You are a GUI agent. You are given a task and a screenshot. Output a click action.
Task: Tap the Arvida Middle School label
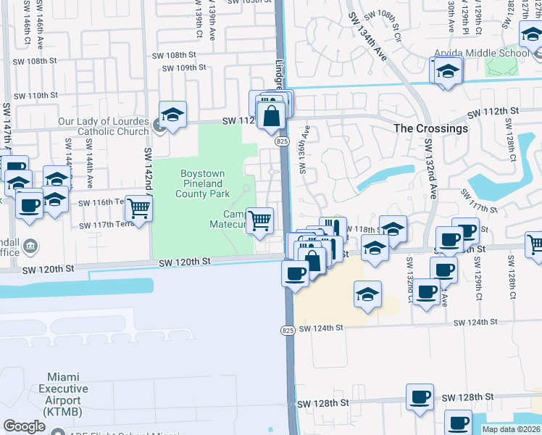[x=482, y=53]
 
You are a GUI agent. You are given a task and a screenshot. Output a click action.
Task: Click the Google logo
[x=24, y=426]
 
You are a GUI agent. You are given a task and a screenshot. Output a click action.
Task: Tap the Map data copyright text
[x=511, y=429]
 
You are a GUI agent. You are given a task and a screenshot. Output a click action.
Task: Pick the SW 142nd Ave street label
[x=148, y=171]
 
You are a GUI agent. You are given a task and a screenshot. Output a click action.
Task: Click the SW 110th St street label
[x=35, y=95]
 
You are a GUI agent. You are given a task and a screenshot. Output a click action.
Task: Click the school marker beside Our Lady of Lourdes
[x=172, y=115]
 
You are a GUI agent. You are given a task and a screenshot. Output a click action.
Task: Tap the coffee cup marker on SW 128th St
[x=420, y=397]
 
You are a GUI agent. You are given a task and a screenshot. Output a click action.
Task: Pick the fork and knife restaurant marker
[x=333, y=228]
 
